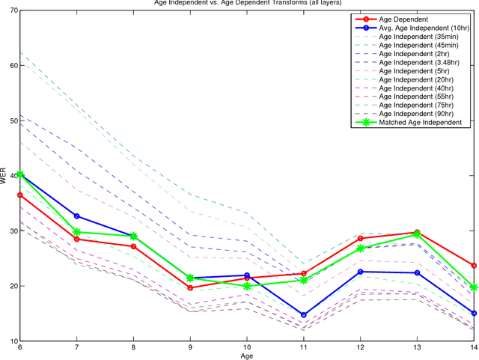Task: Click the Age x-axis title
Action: pyautogui.click(x=247, y=356)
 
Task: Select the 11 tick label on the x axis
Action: pyautogui.click(x=304, y=348)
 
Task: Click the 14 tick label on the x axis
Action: pyautogui.click(x=474, y=348)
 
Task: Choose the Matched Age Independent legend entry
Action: pyautogui.click(x=420, y=122)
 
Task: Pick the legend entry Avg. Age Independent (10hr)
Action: pyautogui.click(x=424, y=28)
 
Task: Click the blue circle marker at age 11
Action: pyautogui.click(x=304, y=315)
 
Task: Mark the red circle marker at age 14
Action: pyautogui.click(x=474, y=266)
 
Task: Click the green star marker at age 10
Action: pyautogui.click(x=247, y=286)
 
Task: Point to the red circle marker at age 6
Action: pyautogui.click(x=20, y=195)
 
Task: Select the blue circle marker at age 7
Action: pyautogui.click(x=77, y=216)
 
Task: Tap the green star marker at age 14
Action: pyautogui.click(x=474, y=287)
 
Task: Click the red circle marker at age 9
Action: pyautogui.click(x=190, y=287)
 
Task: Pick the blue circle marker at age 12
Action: pyautogui.click(x=361, y=272)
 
